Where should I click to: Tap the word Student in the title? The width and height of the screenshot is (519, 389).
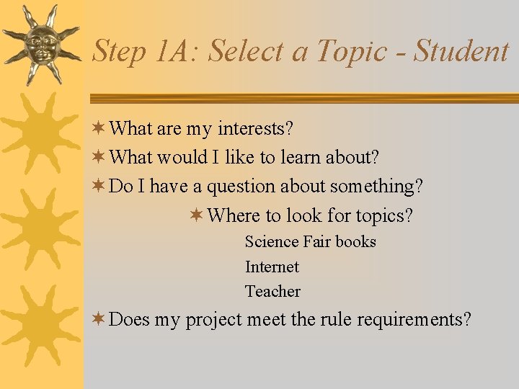[x=461, y=51]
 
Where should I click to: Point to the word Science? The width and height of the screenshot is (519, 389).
[x=272, y=242]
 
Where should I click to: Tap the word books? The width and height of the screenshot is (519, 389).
[x=355, y=242]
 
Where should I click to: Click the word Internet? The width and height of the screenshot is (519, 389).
[x=272, y=267]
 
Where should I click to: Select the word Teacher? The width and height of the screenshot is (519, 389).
[x=272, y=292]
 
